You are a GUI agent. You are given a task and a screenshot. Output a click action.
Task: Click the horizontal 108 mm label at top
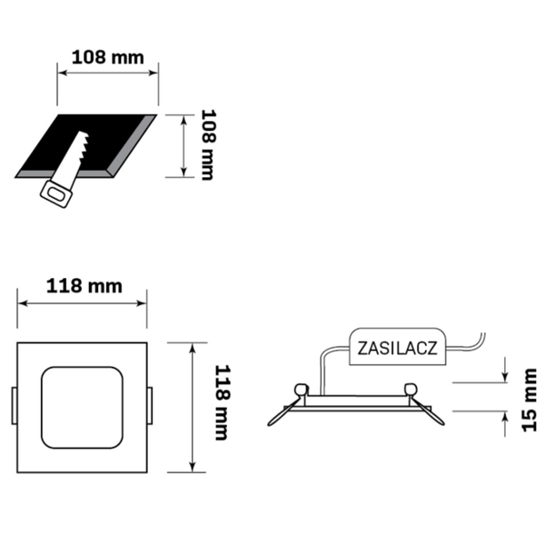tap(107, 56)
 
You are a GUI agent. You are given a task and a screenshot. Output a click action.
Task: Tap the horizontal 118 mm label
tap(83, 286)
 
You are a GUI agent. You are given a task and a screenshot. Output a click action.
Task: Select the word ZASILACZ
tap(398, 348)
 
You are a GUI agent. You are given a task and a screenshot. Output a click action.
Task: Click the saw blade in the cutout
tap(79, 146)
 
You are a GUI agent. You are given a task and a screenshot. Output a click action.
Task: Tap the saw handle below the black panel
tap(56, 193)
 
